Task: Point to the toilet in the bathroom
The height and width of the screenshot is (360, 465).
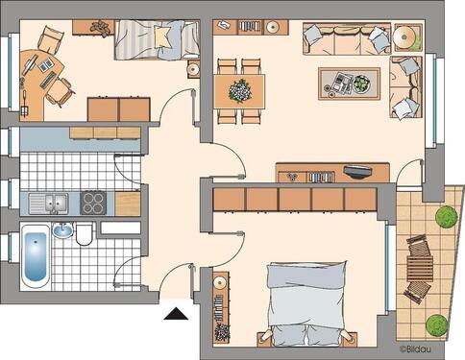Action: (x=85, y=234)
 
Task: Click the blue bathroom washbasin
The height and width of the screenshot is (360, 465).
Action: (x=62, y=230)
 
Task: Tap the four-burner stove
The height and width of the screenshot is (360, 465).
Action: (x=93, y=203)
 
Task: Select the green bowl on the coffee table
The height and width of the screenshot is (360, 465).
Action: (x=360, y=84)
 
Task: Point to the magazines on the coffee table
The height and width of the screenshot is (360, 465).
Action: (x=339, y=81)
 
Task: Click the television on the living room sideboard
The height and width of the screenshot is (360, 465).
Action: (x=357, y=173)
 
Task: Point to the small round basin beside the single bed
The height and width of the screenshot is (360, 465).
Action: (x=193, y=69)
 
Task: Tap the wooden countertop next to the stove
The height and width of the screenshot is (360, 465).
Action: (x=126, y=203)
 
